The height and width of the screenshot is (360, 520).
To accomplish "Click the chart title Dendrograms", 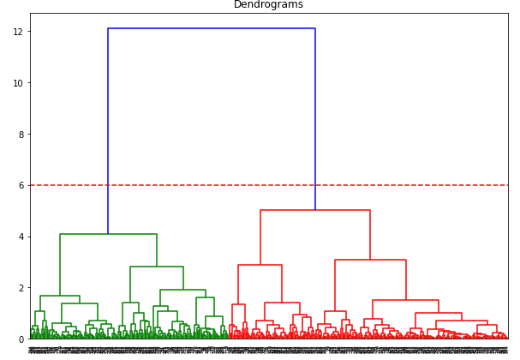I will pos(268,5).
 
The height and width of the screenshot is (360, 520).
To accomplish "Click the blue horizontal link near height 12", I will pos(212,28).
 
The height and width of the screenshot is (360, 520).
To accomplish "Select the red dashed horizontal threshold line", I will pos(386,185).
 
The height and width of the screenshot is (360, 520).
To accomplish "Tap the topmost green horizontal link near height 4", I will pos(108,234).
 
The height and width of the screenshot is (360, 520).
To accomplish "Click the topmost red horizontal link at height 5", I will pos(315,210).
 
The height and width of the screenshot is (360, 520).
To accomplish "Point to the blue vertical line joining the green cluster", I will pos(108,129).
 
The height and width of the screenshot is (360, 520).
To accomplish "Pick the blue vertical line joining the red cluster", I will pos(315,120).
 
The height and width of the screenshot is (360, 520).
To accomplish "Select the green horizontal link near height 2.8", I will pos(157,267).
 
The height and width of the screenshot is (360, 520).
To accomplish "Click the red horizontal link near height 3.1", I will pos(370,260).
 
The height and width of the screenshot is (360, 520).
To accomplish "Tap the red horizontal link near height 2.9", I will pos(260,265).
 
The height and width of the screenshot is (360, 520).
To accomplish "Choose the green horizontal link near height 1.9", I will pos(183,290).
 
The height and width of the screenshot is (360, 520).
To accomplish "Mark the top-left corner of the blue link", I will pos(108,28).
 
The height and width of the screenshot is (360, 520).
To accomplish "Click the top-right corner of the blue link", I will pos(315,28).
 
